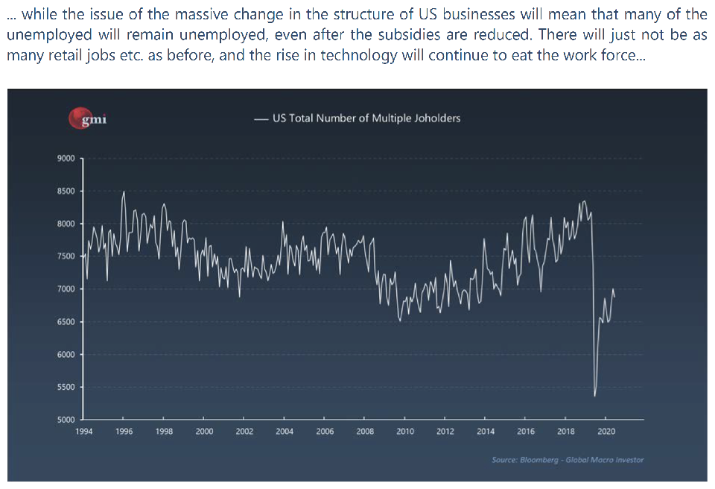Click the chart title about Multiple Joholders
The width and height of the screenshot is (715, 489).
click(x=366, y=118)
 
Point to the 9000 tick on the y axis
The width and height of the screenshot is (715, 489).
click(x=66, y=159)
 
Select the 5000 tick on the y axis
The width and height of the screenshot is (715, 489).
click(x=66, y=420)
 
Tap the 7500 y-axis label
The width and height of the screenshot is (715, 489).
click(x=66, y=256)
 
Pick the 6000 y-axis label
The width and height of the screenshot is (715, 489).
click(x=66, y=355)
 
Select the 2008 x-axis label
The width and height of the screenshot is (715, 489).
click(x=365, y=431)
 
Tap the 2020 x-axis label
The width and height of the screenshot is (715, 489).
click(x=606, y=431)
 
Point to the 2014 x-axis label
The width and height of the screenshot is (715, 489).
click(x=485, y=431)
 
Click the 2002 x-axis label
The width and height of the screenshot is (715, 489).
click(x=244, y=431)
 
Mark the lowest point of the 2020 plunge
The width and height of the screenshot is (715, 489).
click(x=594, y=396)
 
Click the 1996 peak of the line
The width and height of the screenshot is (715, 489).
click(x=124, y=192)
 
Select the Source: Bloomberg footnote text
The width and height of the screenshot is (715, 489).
click(x=568, y=460)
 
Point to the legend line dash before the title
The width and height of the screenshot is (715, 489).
click(x=261, y=119)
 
